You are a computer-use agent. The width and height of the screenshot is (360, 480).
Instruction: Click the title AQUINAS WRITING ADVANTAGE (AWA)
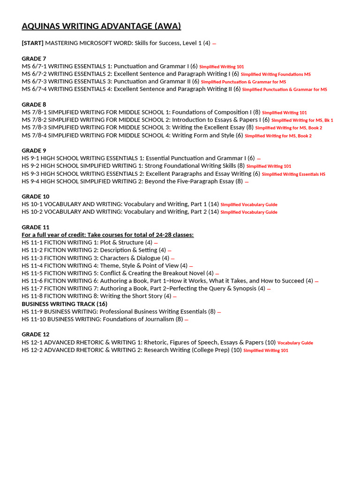coord(101,26)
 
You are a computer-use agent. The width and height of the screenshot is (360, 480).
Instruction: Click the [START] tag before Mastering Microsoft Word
coord(32,43)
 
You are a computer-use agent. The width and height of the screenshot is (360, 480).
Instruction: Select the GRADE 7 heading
coord(34,59)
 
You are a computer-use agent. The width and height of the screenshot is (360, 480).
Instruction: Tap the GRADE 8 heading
coord(34,105)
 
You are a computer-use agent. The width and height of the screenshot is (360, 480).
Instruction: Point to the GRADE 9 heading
coord(34,150)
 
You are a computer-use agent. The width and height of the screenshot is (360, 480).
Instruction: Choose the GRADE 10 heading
coord(36,196)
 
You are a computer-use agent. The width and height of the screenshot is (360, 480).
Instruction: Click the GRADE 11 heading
coord(36,227)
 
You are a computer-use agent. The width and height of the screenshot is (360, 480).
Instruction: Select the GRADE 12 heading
coord(36,335)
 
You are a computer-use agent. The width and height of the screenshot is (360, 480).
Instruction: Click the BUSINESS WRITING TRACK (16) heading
coord(64,304)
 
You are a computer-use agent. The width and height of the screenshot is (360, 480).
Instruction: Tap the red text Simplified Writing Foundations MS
coord(276,75)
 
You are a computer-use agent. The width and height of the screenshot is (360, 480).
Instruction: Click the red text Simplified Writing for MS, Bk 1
coord(302,120)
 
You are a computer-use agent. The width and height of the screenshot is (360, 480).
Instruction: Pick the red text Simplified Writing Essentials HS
coord(293,174)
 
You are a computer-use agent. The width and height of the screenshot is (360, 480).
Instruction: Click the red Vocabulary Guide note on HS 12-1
coord(295,343)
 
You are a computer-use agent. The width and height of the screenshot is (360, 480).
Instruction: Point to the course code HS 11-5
coord(32,273)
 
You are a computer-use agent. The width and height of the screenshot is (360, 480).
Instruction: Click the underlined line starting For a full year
coord(107,235)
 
